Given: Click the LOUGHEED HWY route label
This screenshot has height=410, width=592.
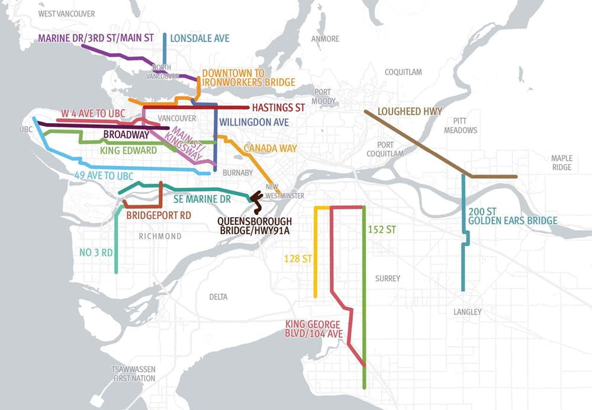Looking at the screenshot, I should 401,111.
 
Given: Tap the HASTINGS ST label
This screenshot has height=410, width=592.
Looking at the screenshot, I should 278,108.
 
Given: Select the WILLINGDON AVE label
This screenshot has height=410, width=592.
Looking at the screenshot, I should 253,122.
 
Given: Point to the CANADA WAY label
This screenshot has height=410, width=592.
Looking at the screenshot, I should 271,148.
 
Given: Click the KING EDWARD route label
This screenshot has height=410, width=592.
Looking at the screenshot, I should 128,150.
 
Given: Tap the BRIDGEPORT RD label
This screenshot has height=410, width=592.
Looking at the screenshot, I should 159,215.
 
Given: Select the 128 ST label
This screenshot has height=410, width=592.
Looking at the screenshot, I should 298,258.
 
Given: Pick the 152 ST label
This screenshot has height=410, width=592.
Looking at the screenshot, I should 381,230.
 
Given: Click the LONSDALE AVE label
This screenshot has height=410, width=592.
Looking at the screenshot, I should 200,38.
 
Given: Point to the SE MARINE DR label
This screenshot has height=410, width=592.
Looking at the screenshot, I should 202,199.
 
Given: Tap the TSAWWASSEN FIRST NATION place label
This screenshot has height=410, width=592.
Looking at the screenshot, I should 133,373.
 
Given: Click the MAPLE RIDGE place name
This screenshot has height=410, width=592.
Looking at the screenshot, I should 561,163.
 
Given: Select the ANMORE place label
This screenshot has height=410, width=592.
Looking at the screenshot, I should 326,39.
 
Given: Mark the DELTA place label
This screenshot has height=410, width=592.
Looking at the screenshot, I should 218,296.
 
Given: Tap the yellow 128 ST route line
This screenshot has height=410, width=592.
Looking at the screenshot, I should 316,254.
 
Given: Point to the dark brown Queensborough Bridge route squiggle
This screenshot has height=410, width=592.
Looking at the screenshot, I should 257,201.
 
